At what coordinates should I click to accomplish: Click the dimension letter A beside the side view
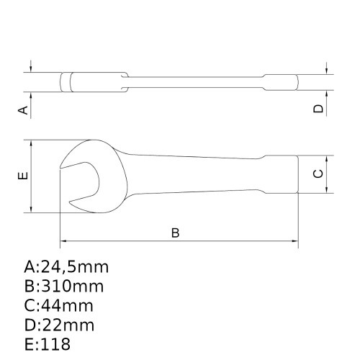[x=23, y=109]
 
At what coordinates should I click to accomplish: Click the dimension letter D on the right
[x=318, y=109]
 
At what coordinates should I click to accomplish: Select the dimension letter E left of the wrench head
[x=23, y=176]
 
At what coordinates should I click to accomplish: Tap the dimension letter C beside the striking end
[x=318, y=174]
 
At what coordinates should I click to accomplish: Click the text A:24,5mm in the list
[x=66, y=268]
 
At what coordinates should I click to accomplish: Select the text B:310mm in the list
[x=63, y=287]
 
